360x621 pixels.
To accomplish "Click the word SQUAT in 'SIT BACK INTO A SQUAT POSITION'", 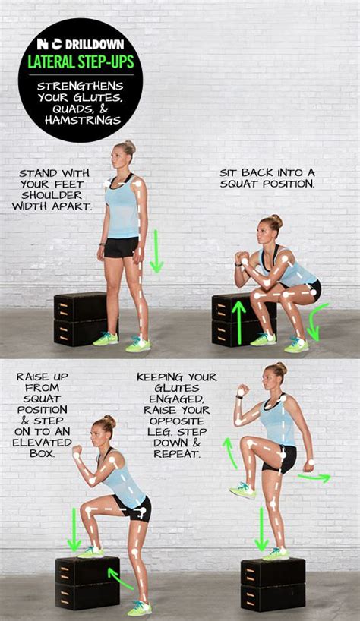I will click(246, 184).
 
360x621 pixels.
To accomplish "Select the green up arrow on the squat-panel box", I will click(239, 322).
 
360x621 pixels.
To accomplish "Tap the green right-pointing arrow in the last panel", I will click(314, 478).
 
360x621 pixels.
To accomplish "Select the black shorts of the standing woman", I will click(122, 247).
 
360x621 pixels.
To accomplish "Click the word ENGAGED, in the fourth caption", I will click(172, 399).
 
